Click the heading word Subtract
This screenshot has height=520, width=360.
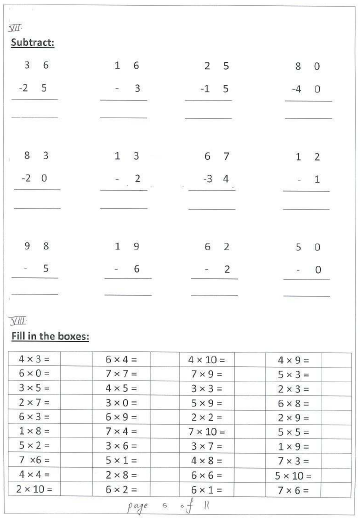pyautogui.click(x=32, y=43)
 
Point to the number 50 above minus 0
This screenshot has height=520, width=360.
pyautogui.click(x=308, y=246)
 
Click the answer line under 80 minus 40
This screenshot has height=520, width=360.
pyautogui.click(x=308, y=118)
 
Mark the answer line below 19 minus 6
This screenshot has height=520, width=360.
pyautogui.click(x=123, y=294)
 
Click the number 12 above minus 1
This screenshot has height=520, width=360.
pyautogui.click(x=308, y=157)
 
